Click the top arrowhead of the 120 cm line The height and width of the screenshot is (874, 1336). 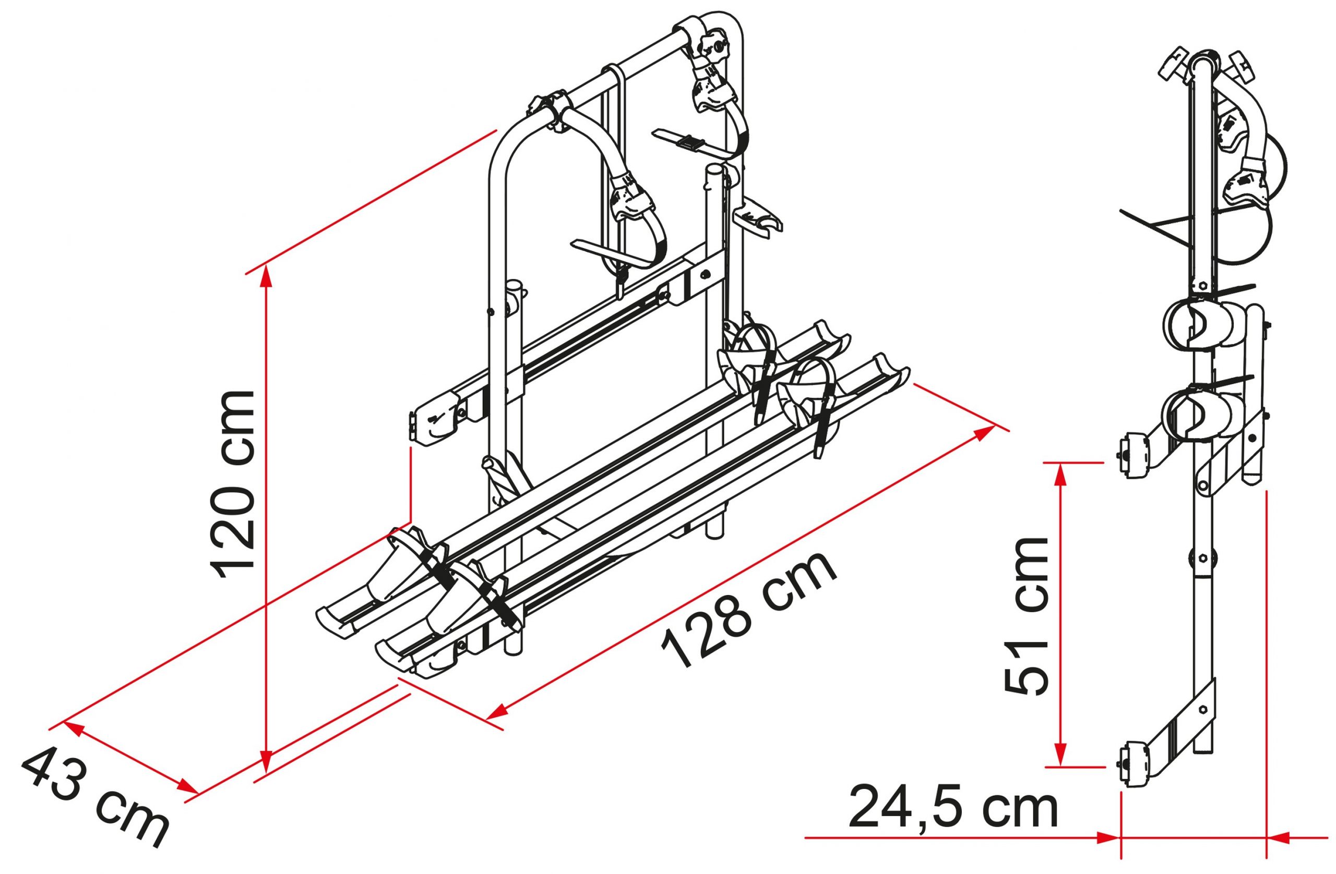[x=267, y=280]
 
